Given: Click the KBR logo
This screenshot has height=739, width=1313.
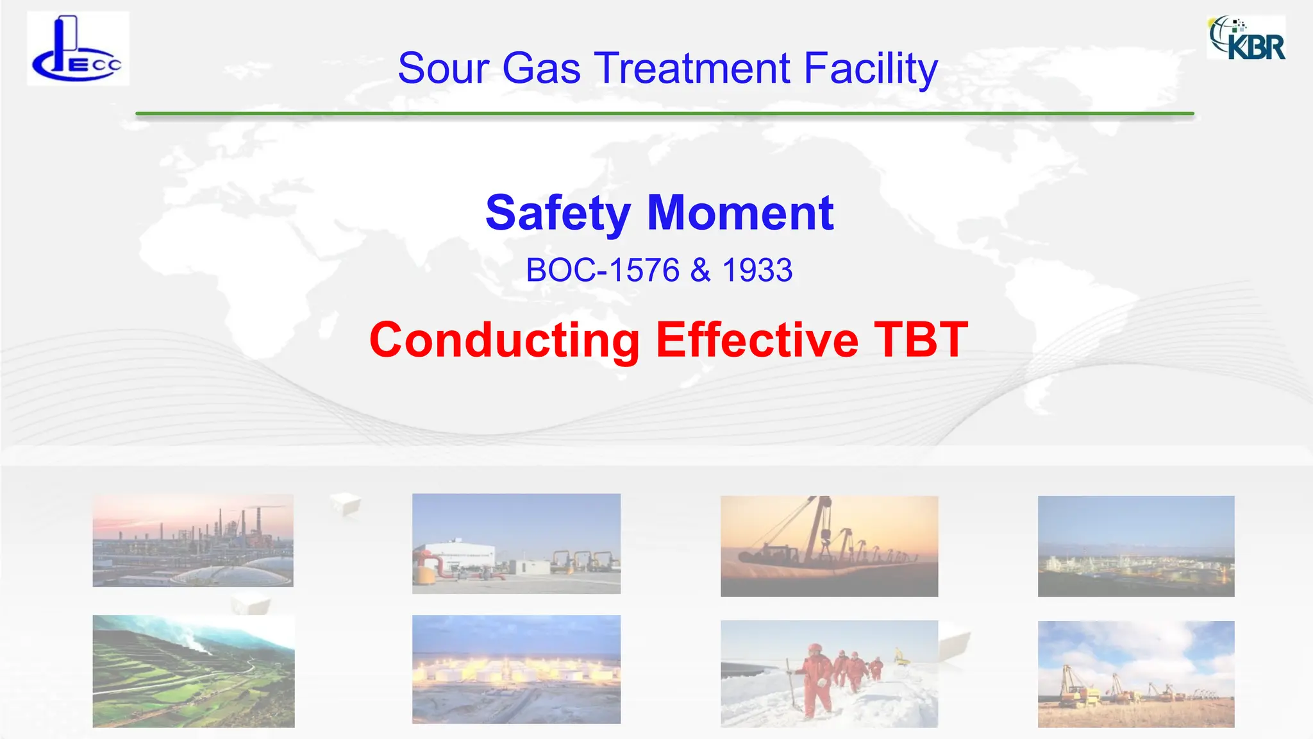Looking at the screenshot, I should (x=1246, y=38).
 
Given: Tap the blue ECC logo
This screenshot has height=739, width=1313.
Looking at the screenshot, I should (x=78, y=49).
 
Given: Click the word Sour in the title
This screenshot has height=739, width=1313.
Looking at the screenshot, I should (x=443, y=68).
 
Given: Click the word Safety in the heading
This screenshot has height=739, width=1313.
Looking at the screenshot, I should (x=558, y=213).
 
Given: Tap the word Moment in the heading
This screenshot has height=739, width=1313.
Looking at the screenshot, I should (x=740, y=213).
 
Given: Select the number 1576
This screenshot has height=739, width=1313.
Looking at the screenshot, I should (x=644, y=270).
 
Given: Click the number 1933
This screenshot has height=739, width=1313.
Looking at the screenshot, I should (x=757, y=270).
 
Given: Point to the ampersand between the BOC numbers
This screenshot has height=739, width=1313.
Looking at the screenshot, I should (x=701, y=270).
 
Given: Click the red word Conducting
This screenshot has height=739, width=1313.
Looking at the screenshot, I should (x=505, y=340).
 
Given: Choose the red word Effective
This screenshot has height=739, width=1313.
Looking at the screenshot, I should (x=757, y=340).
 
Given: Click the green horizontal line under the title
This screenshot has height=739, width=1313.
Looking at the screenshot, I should (x=664, y=114).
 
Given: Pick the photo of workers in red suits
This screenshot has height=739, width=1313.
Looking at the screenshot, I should (x=829, y=674).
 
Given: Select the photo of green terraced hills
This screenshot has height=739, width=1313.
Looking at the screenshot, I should (x=194, y=671).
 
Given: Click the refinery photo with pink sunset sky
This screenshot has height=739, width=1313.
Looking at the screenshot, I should (x=193, y=540).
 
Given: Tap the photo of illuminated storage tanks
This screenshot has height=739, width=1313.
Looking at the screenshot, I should (x=516, y=669).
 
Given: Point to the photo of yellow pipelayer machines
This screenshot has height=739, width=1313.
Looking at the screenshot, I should (x=1135, y=674).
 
